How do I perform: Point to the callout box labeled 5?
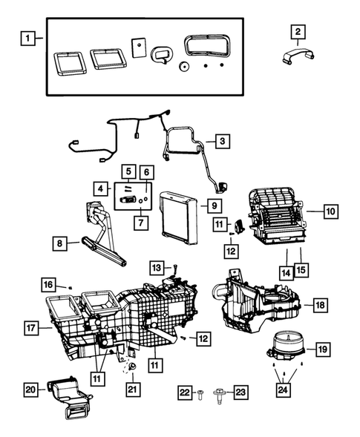(128, 172)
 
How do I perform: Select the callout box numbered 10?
(330, 211)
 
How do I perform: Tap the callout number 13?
(156, 267)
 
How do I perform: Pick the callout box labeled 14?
(285, 272)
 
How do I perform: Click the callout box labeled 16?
(48, 284)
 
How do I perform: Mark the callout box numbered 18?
(319, 305)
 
